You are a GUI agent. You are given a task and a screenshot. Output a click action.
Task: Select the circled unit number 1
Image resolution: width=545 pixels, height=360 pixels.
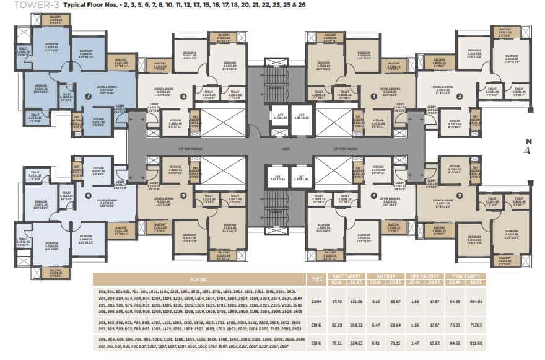pos(373,97)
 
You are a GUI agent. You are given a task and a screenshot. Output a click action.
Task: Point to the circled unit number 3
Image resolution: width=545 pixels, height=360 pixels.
pos(460,196)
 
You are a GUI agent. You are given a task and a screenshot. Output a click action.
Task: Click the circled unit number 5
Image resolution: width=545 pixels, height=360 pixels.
pos(183,196)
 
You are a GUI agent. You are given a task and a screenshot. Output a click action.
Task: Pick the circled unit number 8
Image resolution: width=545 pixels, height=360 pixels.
pos(183,96)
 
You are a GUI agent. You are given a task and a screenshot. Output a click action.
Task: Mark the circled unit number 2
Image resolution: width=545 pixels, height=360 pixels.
pos(460,96)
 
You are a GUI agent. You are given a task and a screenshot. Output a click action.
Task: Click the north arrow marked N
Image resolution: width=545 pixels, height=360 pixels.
pos(527,146)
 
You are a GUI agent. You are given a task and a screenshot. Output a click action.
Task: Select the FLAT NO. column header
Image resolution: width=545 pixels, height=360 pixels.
pos(199,279)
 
